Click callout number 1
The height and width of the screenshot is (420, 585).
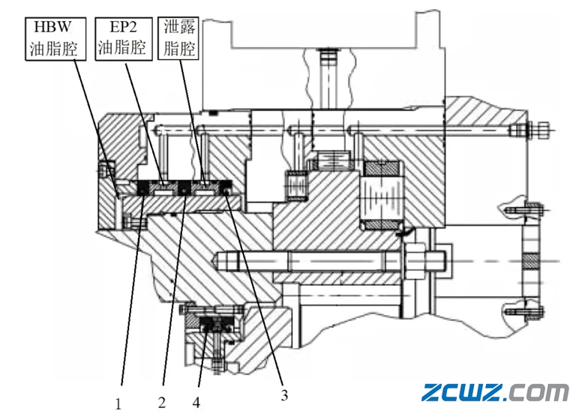point(118,403)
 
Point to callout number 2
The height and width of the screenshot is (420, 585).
point(162,403)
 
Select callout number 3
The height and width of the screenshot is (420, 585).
point(284,393)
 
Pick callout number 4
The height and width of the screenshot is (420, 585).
point(196,403)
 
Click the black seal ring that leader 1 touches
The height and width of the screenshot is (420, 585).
point(142,193)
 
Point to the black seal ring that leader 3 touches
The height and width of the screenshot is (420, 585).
point(226,193)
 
